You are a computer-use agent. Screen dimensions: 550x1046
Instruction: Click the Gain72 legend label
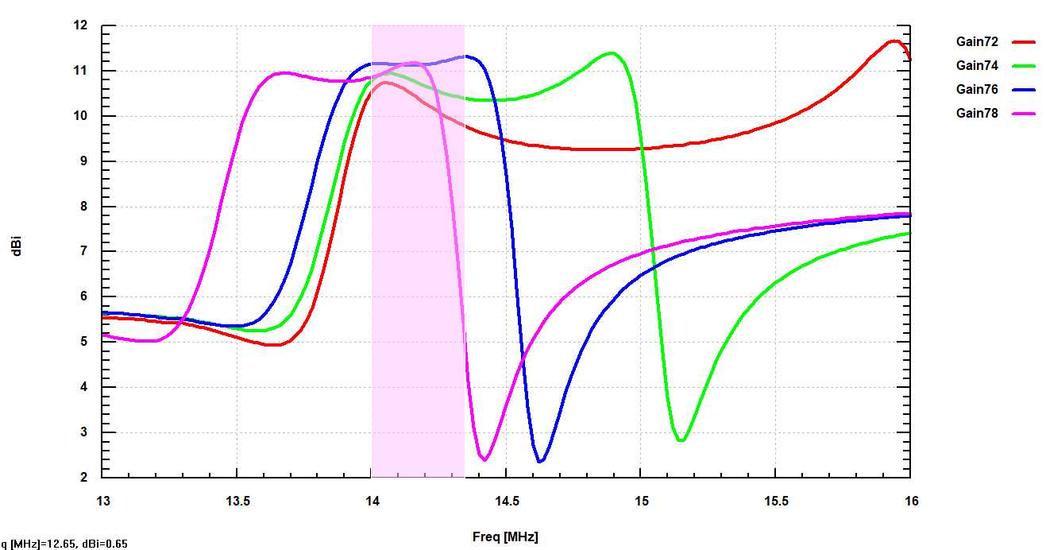pyautogui.click(x=976, y=42)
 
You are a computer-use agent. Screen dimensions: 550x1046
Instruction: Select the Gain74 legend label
pyautogui.click(x=976, y=66)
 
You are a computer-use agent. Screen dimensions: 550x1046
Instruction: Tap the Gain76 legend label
pyautogui.click(x=976, y=90)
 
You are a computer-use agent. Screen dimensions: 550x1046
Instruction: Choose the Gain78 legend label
pyautogui.click(x=976, y=114)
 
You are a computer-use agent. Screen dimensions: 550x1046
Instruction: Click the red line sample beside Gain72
pyautogui.click(x=1025, y=42)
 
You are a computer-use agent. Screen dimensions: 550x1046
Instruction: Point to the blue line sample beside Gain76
pyautogui.click(x=1025, y=90)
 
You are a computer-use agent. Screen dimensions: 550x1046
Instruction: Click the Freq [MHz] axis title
pyautogui.click(x=505, y=537)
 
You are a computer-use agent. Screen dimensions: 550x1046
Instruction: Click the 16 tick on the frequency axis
pyautogui.click(x=910, y=502)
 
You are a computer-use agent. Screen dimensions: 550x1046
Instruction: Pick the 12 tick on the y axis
pyautogui.click(x=79, y=25)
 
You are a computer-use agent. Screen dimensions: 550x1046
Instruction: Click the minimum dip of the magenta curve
pyautogui.click(x=484, y=459)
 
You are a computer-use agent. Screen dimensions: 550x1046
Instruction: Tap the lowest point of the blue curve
pyautogui.click(x=540, y=462)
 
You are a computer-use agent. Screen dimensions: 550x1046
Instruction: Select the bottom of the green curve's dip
pyautogui.click(x=681, y=440)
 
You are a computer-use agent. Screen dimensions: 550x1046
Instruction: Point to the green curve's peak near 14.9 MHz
pyautogui.click(x=611, y=53)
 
